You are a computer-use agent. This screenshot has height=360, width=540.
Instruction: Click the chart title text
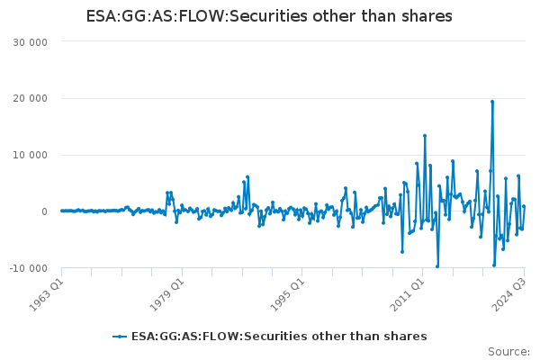pos(269,16)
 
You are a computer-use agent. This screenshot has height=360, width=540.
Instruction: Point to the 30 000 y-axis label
pos(30,42)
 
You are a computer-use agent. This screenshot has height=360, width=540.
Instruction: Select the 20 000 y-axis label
pos(30,98)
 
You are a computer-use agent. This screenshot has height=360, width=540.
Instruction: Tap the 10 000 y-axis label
pos(30,155)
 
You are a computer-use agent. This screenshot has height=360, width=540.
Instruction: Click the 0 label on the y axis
pos(44,211)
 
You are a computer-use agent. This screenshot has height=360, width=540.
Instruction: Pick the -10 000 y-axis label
pos(28,268)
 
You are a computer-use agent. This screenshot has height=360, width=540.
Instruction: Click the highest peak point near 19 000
pos(492,102)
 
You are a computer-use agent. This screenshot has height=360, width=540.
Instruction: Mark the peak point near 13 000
pos(425,136)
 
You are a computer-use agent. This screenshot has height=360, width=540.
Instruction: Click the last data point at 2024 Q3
pos(524,206)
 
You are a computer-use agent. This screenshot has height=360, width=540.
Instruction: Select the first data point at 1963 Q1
pos(62,211)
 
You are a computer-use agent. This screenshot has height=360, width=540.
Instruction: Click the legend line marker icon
pos(120,337)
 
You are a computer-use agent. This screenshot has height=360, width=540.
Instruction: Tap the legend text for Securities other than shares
pos(279,337)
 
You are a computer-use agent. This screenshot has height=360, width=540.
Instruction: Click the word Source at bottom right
pos(508,352)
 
